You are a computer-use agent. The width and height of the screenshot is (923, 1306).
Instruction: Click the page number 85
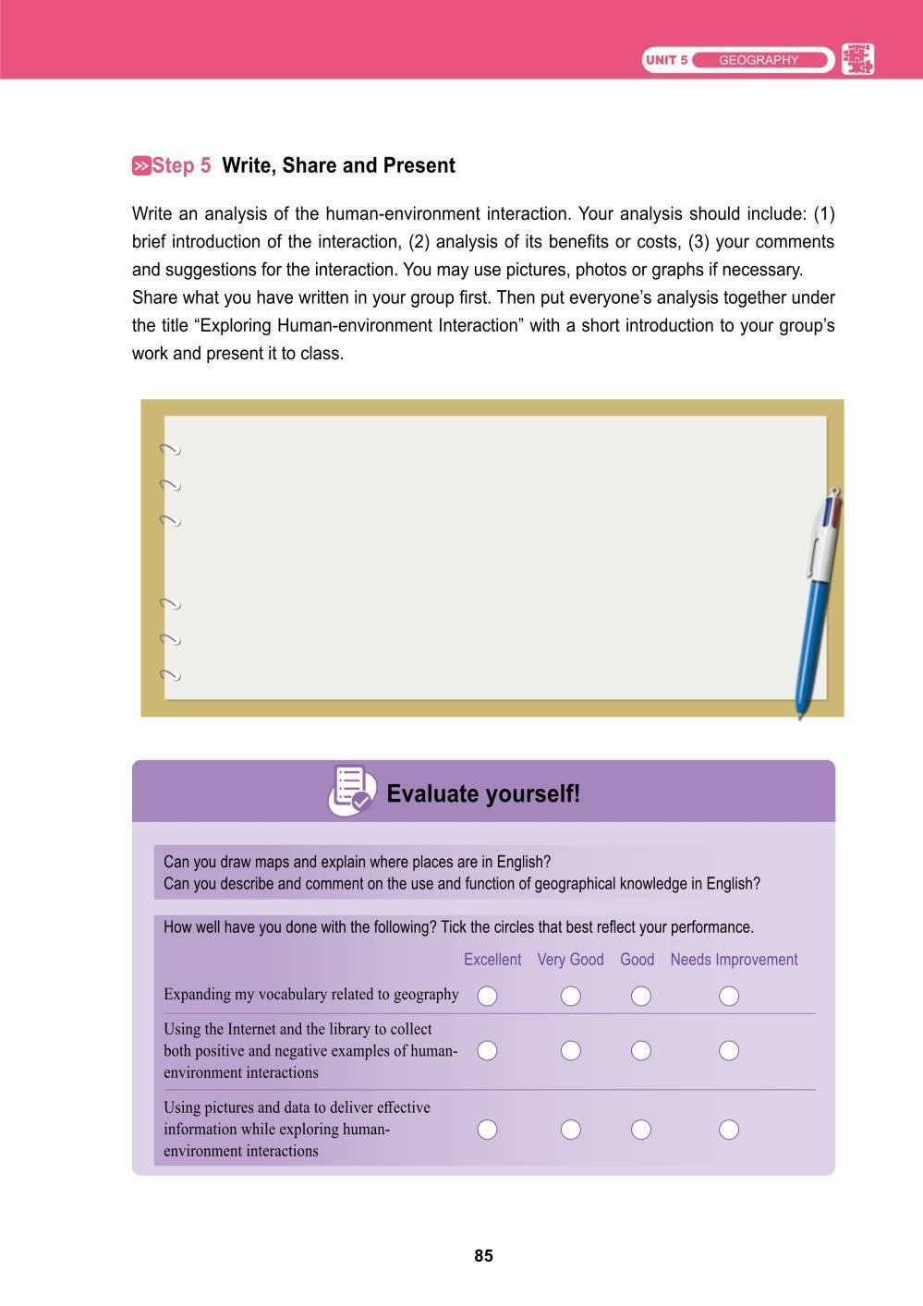[x=483, y=1255]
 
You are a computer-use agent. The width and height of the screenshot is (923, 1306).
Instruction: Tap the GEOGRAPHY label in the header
[x=758, y=60]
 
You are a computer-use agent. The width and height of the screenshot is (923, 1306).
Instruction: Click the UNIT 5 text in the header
[x=666, y=60]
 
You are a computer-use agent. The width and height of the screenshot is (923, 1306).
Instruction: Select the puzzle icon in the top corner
[x=857, y=59]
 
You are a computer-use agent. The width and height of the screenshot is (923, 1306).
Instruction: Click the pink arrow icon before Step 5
[x=141, y=166]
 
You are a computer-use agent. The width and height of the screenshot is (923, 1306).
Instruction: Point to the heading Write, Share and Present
[x=338, y=165]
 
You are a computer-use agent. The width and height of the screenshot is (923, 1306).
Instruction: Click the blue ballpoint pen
[x=816, y=600]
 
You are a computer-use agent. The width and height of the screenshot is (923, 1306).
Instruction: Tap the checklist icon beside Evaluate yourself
[x=351, y=791]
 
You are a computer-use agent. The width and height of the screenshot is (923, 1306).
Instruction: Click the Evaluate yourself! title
[x=483, y=793]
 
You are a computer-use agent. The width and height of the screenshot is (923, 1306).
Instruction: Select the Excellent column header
[x=492, y=960]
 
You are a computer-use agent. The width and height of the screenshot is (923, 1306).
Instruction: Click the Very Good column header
[x=570, y=960]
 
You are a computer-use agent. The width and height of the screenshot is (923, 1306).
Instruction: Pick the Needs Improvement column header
[x=734, y=960]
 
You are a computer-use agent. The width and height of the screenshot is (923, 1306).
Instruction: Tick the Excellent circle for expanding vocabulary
[x=487, y=995]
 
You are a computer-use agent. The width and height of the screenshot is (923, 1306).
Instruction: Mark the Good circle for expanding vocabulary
[x=640, y=995]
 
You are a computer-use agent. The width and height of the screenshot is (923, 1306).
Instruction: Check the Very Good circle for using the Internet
[x=571, y=1050]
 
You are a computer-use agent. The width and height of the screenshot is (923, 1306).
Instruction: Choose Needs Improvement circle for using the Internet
[x=729, y=1050]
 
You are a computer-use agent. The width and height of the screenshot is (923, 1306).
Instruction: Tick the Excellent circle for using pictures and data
[x=487, y=1129]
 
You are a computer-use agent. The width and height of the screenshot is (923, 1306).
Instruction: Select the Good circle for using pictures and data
[x=640, y=1129]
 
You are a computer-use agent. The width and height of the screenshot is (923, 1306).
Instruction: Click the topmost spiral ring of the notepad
[x=169, y=450]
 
